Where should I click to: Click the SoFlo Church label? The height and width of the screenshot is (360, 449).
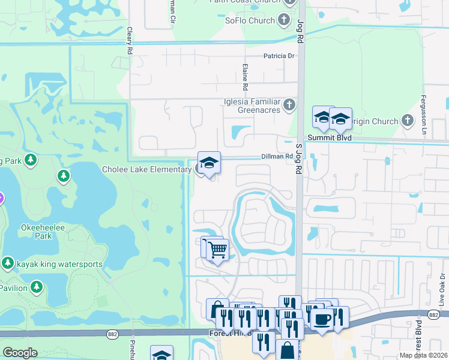(x=250, y=20)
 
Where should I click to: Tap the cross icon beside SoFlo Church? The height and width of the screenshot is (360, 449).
(x=285, y=20)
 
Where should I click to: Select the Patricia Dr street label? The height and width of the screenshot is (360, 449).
(x=280, y=56)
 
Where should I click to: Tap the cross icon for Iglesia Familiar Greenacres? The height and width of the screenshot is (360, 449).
(x=289, y=106)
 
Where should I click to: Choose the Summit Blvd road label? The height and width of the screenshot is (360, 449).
(x=329, y=137)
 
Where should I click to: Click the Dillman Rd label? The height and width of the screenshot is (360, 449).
(x=277, y=157)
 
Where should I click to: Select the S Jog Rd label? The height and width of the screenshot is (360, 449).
(x=298, y=159)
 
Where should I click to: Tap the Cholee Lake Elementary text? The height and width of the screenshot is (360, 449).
(x=146, y=170)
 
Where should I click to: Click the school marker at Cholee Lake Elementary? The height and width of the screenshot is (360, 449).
(x=209, y=163)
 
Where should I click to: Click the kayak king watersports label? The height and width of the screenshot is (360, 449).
(x=59, y=264)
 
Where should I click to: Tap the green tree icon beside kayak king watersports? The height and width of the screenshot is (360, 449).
(x=7, y=263)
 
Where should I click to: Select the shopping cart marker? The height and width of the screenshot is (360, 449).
(x=217, y=249)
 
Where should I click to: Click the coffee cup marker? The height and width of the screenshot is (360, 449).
(x=322, y=319)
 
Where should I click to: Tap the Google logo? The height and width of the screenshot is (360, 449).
(x=20, y=352)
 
